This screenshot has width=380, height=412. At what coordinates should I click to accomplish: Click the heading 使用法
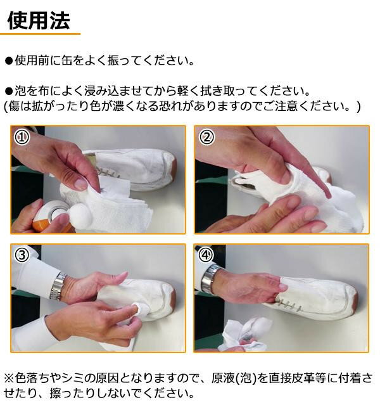click(39, 20)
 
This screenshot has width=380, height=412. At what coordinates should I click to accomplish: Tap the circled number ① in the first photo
click(22, 137)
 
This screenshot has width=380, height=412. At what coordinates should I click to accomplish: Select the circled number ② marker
click(206, 137)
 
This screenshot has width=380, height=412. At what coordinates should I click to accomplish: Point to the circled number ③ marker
click(22, 255)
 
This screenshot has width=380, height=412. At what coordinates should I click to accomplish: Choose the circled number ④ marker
click(206, 255)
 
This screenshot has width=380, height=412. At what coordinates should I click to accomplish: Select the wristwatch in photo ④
click(210, 278)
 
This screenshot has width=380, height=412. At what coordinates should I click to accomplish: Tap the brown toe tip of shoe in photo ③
click(173, 297)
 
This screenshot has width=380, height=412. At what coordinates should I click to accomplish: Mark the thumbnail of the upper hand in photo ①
click(80, 183)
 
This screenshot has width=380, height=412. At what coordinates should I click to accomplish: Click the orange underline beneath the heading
click(40, 34)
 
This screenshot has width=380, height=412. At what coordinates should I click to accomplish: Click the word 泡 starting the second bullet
click(20, 91)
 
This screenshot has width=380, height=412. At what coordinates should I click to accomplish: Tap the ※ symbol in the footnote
click(9, 378)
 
